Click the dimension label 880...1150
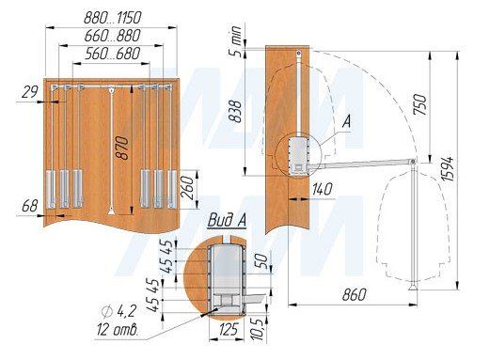tap(113, 18)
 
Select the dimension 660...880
tap(113, 36)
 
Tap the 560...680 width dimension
tap(113, 54)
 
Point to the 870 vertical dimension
tap(122, 148)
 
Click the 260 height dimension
tap(188, 188)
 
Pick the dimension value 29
tap(30, 92)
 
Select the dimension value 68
tap(30, 206)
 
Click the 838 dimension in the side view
tap(235, 112)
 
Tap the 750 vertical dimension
tap(420, 104)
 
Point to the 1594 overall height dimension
tap(448, 168)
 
